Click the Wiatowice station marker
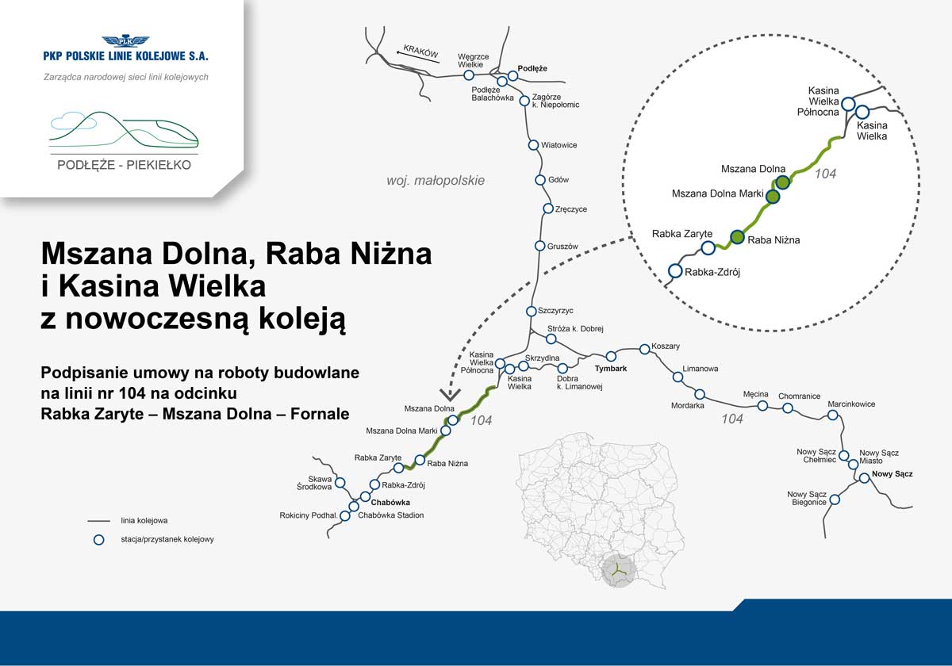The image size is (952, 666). (533, 145)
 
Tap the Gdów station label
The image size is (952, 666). (559, 180)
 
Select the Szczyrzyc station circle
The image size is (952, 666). (532, 312)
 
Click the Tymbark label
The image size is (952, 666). (611, 369)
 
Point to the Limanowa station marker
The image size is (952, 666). (678, 377)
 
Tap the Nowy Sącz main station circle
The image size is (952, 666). (865, 478)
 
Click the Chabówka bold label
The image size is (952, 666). (390, 503)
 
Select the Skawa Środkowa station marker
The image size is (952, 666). (340, 483)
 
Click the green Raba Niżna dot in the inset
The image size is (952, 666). (737, 237)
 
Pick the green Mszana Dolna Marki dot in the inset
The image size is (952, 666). (773, 197)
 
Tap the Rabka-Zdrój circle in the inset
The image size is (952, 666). (675, 270)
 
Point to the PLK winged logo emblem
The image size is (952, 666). (126, 40)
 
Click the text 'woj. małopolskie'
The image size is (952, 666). (436, 181)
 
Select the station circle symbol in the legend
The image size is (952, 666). (98, 540)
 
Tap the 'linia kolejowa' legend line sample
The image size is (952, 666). (98, 521)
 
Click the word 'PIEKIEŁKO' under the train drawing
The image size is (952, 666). (159, 165)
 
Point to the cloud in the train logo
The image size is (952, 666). (73, 121)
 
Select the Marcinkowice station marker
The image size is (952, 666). (832, 415)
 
